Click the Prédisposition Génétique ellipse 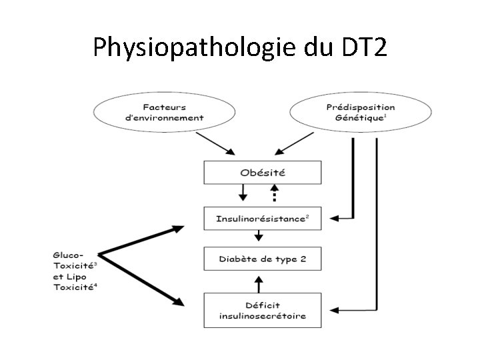pyautogui.click(x=359, y=112)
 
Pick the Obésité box pyautogui.click(x=263, y=173)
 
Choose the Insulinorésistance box pyautogui.click(x=263, y=218)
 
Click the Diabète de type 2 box pyautogui.click(x=263, y=258)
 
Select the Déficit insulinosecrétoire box pyautogui.click(x=263, y=310)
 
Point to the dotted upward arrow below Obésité pyautogui.click(x=273, y=194)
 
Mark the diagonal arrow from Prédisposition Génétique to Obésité pyautogui.click(x=293, y=142)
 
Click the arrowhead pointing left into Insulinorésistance pyautogui.click(x=335, y=217)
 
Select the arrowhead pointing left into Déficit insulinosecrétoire pyautogui.click(x=335, y=311)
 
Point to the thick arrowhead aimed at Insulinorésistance pyautogui.click(x=177, y=229)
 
